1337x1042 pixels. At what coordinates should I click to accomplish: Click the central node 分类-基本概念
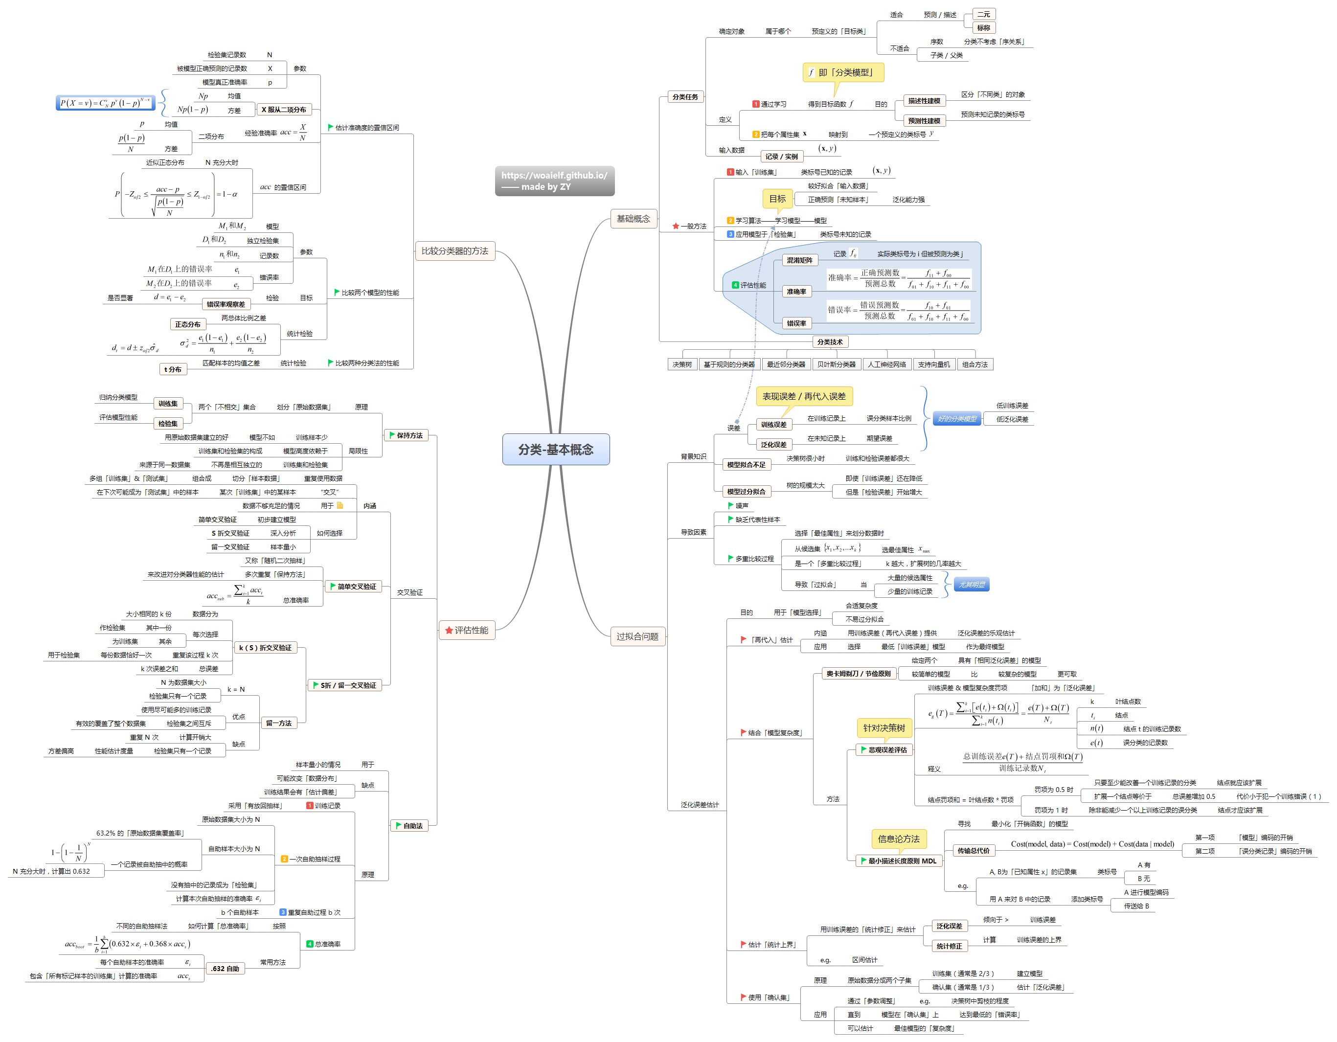555,450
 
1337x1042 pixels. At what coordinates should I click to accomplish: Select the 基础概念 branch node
633,219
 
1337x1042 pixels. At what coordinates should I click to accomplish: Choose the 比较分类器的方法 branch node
454,251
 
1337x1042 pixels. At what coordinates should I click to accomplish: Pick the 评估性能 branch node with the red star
467,630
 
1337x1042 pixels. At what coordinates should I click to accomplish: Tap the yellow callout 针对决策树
884,727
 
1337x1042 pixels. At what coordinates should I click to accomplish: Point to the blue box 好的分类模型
957,419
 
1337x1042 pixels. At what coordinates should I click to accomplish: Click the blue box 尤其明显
972,585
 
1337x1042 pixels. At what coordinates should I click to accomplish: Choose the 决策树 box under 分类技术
681,364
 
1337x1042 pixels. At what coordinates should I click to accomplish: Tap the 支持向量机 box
933,364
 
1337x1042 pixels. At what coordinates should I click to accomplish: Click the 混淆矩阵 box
799,260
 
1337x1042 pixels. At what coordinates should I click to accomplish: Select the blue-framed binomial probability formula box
105,103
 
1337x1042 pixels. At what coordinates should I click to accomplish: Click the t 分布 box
173,369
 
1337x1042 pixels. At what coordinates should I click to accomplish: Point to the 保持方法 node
406,435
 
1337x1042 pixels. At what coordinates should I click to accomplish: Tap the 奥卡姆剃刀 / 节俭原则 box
858,674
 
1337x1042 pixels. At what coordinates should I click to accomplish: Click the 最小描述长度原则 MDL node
899,861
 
